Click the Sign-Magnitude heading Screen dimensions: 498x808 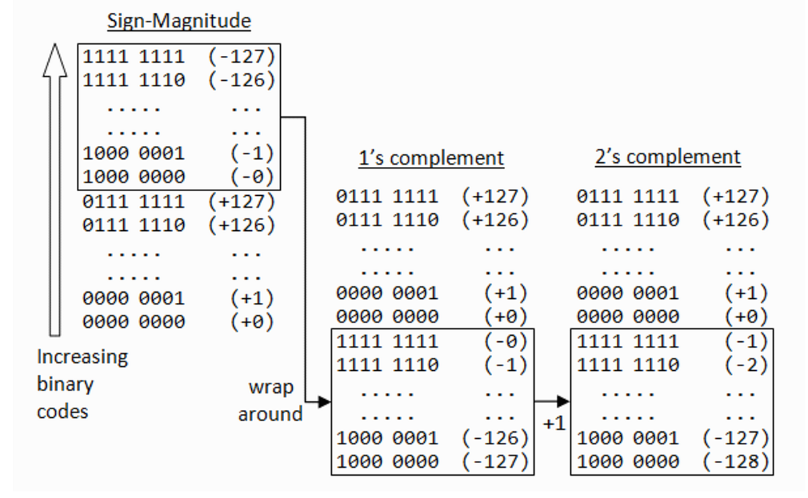click(179, 21)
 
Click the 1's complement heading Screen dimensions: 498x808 click(431, 158)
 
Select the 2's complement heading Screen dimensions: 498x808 click(667, 157)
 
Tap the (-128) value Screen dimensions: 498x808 click(735, 462)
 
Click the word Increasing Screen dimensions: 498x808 click(82, 357)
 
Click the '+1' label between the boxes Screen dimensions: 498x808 click(553, 425)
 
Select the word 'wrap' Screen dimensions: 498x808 click(271, 387)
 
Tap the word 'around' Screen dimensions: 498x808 click(270, 414)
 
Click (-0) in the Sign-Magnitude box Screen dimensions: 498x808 click(252, 176)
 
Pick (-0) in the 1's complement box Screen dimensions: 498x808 click(506, 341)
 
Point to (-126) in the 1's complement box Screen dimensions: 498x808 click(495, 438)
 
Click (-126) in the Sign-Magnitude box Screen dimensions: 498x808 click(241, 80)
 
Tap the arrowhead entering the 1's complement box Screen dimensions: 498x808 click(324, 402)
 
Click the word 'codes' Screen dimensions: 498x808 click(63, 411)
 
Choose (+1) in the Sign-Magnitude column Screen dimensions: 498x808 click(252, 298)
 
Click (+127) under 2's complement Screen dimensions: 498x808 click(735, 197)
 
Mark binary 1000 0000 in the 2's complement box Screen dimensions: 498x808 click(628, 462)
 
